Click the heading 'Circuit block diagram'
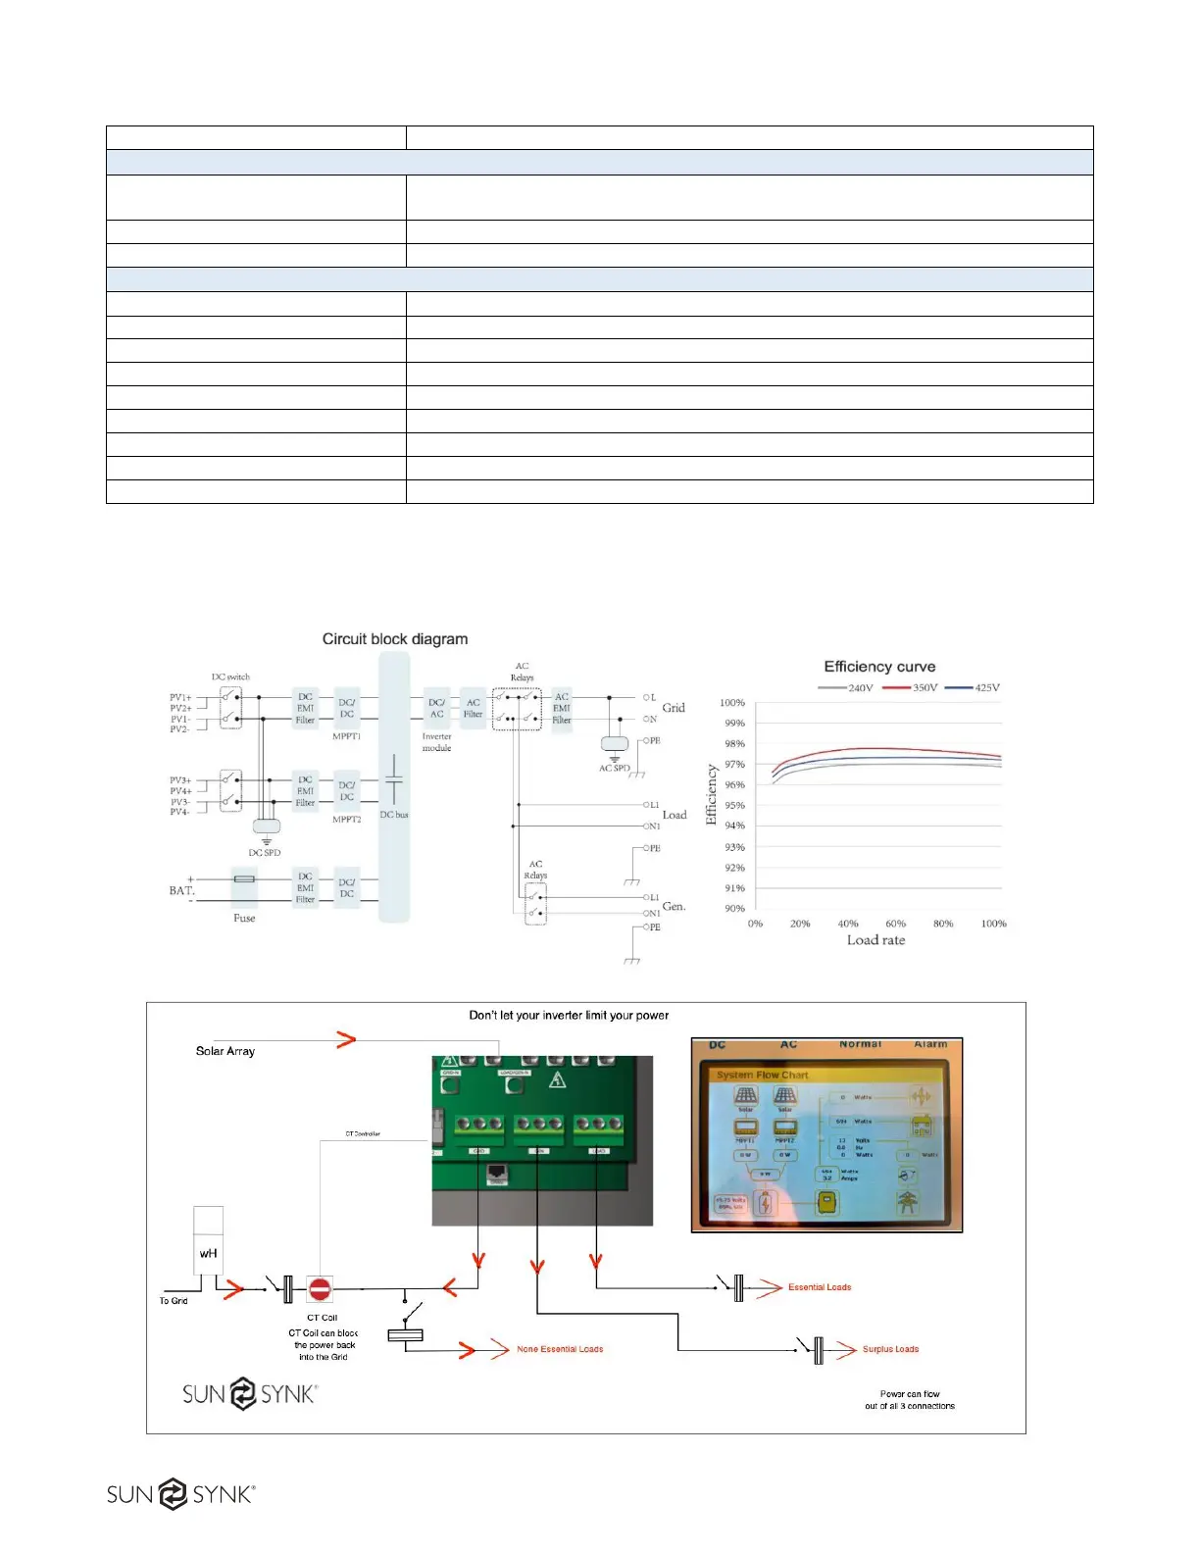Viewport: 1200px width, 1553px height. [395, 639]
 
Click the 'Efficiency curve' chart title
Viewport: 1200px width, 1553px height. [879, 667]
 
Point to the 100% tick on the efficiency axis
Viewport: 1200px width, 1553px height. [732, 703]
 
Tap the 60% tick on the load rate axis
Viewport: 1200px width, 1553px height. [896, 924]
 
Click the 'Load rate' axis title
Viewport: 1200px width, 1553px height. [875, 940]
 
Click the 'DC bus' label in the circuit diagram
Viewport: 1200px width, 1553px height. [394, 815]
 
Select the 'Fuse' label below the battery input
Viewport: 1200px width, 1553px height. [244, 919]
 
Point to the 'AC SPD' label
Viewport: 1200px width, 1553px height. [615, 768]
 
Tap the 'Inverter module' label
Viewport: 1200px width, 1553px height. [437, 742]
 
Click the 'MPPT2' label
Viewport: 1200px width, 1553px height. [347, 820]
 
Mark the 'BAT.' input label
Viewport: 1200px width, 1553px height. [181, 890]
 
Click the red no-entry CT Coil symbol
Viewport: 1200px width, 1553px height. [320, 1288]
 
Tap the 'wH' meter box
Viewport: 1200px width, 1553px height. [208, 1253]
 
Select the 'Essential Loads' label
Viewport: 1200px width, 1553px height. [820, 1287]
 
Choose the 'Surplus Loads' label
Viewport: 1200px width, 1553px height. [890, 1349]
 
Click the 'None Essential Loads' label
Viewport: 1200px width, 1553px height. [560, 1350]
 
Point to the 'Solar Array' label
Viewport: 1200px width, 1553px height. [225, 1051]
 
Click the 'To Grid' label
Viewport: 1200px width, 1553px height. [174, 1301]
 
